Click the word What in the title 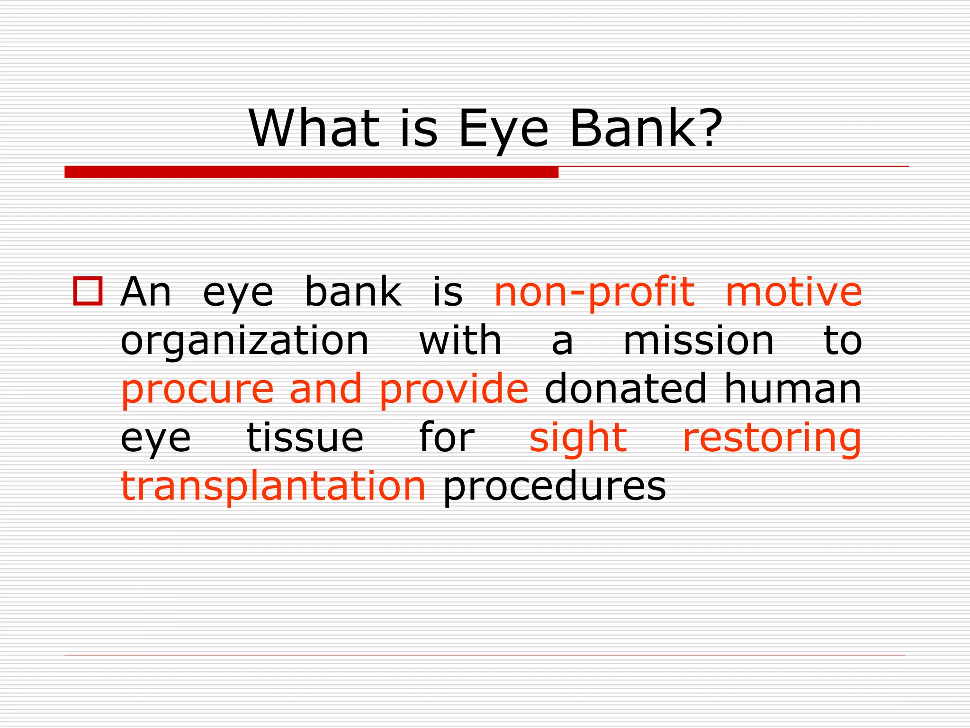click(314, 128)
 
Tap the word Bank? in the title click(646, 128)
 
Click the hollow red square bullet click(88, 291)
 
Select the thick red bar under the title click(311, 172)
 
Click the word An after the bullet click(145, 292)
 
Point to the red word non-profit click(594, 293)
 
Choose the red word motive click(793, 292)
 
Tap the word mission click(699, 341)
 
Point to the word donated click(625, 389)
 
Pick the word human click(793, 389)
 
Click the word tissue click(305, 437)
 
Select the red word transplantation click(273, 487)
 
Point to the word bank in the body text click(353, 292)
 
